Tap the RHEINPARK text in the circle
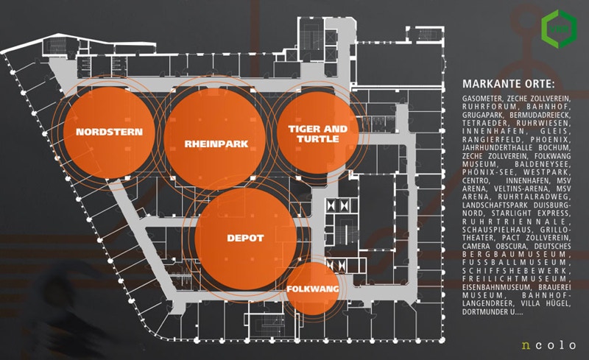[x=216, y=144]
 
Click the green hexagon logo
[x=557, y=27]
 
